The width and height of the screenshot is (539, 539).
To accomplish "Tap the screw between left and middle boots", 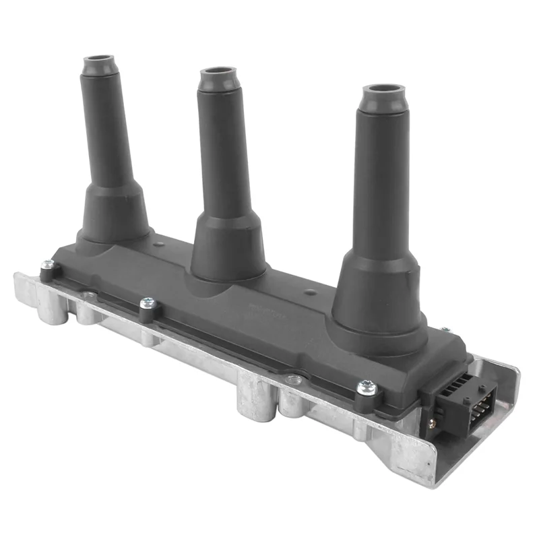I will [x=146, y=305].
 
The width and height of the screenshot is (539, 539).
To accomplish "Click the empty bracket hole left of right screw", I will [x=291, y=379].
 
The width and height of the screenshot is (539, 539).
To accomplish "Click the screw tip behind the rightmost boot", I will [x=444, y=329].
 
